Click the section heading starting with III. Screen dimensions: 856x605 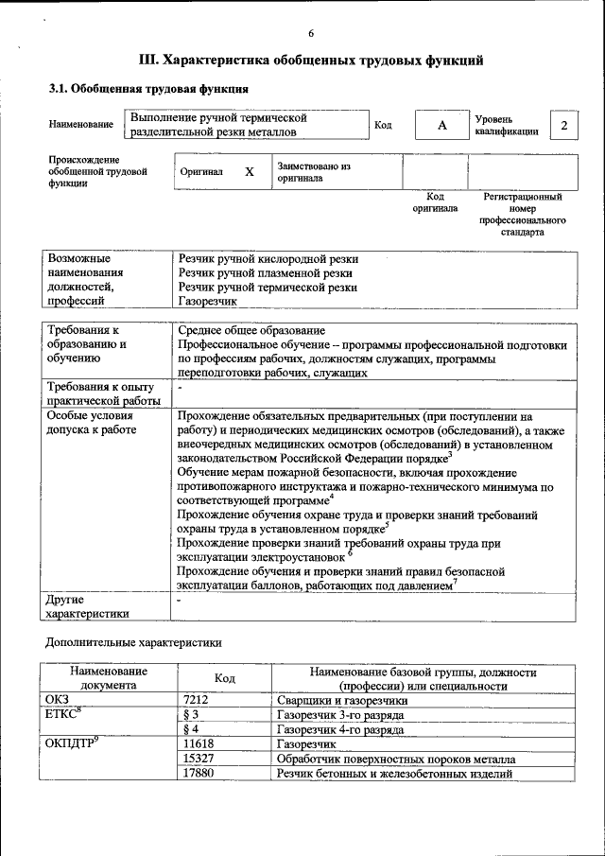pos(311,61)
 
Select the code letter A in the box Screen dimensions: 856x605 pos(441,125)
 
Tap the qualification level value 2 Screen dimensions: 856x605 pos(564,125)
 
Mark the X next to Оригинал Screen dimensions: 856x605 pos(250,172)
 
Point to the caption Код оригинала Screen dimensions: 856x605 pos(435,201)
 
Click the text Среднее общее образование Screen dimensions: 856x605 pos(251,331)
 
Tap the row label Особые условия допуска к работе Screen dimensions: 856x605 pos(92,423)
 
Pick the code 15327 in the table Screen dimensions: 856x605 pos(199,759)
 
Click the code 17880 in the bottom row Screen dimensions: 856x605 pos(199,774)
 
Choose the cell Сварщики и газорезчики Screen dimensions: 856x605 pos(342,701)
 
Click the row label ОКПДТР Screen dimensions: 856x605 pos(72,743)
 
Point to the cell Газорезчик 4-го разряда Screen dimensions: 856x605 pos(340,729)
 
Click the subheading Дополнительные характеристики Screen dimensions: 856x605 pos(135,642)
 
